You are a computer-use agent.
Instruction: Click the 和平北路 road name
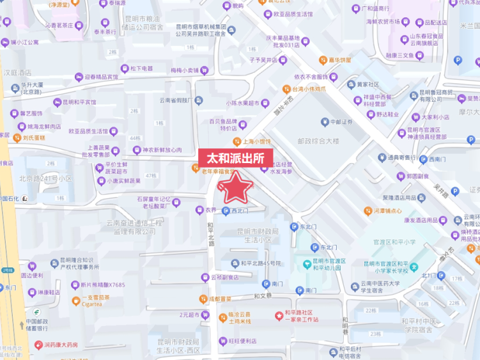[x=210, y=235]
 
